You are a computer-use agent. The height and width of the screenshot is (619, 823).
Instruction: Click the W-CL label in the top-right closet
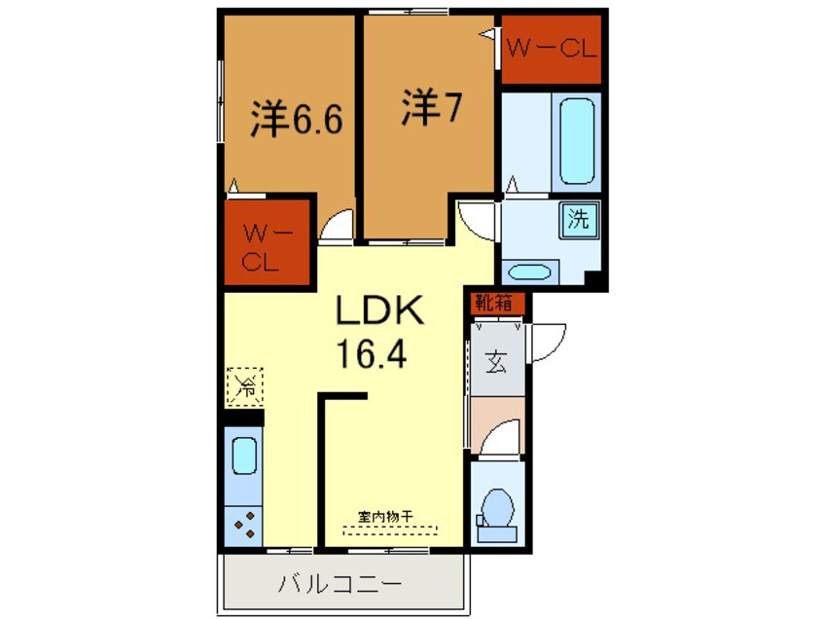click(x=550, y=50)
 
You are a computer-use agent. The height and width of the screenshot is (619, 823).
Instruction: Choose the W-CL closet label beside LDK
click(x=262, y=247)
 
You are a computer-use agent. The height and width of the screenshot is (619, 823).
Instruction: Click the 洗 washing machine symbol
click(x=579, y=220)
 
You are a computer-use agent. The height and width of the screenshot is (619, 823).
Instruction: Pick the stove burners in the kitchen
click(x=244, y=526)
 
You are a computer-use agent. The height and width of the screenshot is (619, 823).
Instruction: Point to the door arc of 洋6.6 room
click(x=338, y=227)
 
